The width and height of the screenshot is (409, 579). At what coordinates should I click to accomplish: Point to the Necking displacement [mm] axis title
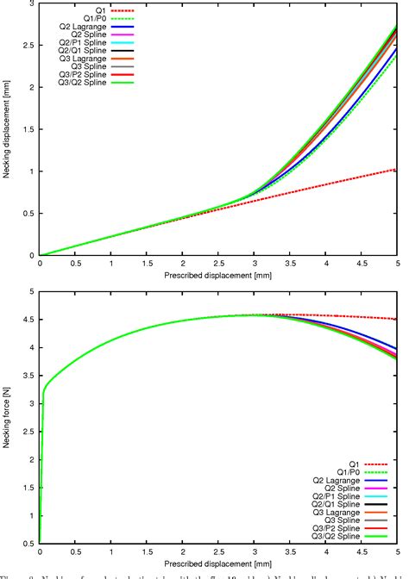8,129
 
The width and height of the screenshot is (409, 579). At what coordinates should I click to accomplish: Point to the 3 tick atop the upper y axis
31,4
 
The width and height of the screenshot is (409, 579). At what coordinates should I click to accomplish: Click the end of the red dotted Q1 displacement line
396,170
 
